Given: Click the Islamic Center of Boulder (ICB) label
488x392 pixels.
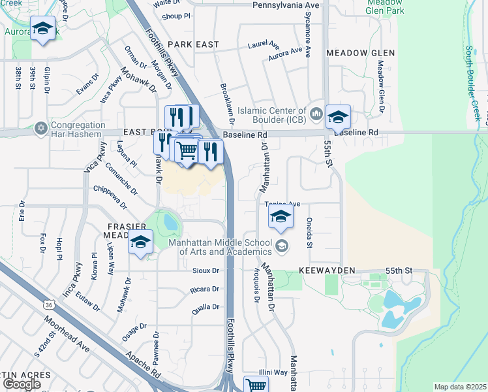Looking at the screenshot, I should pyautogui.click(x=271, y=115).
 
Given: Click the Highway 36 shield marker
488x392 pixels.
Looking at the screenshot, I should pyautogui.click(x=50, y=305).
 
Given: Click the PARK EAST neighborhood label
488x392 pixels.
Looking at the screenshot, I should pyautogui.click(x=192, y=44).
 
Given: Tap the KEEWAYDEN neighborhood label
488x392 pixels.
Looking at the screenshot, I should pyautogui.click(x=327, y=270).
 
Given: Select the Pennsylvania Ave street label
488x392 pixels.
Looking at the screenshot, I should pyautogui.click(x=288, y=5).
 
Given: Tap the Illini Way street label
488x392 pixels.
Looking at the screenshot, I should pyautogui.click(x=273, y=372).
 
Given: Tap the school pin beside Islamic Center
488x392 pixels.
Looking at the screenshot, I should pyautogui.click(x=338, y=118).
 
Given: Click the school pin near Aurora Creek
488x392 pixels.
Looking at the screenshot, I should pyautogui.click(x=43, y=29).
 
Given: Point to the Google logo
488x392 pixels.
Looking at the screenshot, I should pyautogui.click(x=22, y=384).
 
